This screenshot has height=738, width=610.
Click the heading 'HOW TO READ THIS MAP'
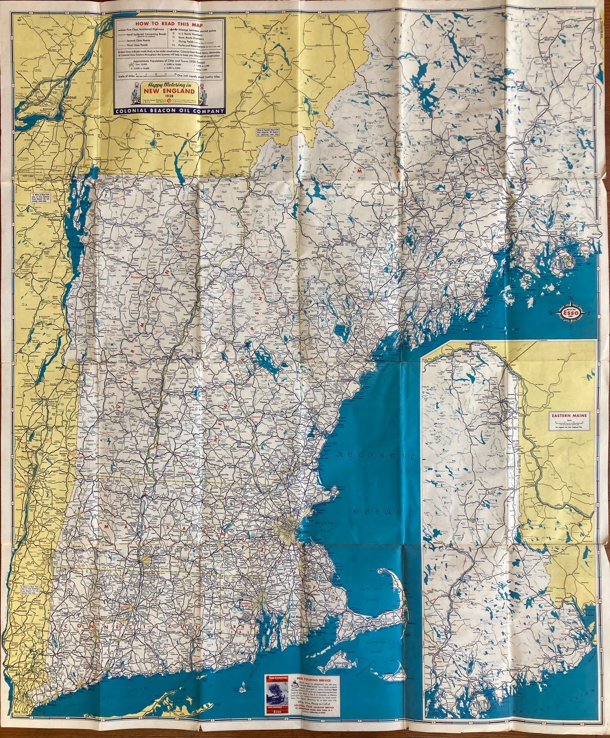click(170, 23)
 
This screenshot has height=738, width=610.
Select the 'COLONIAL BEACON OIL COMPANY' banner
click(169, 111)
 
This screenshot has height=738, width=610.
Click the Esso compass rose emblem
click(571, 311)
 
